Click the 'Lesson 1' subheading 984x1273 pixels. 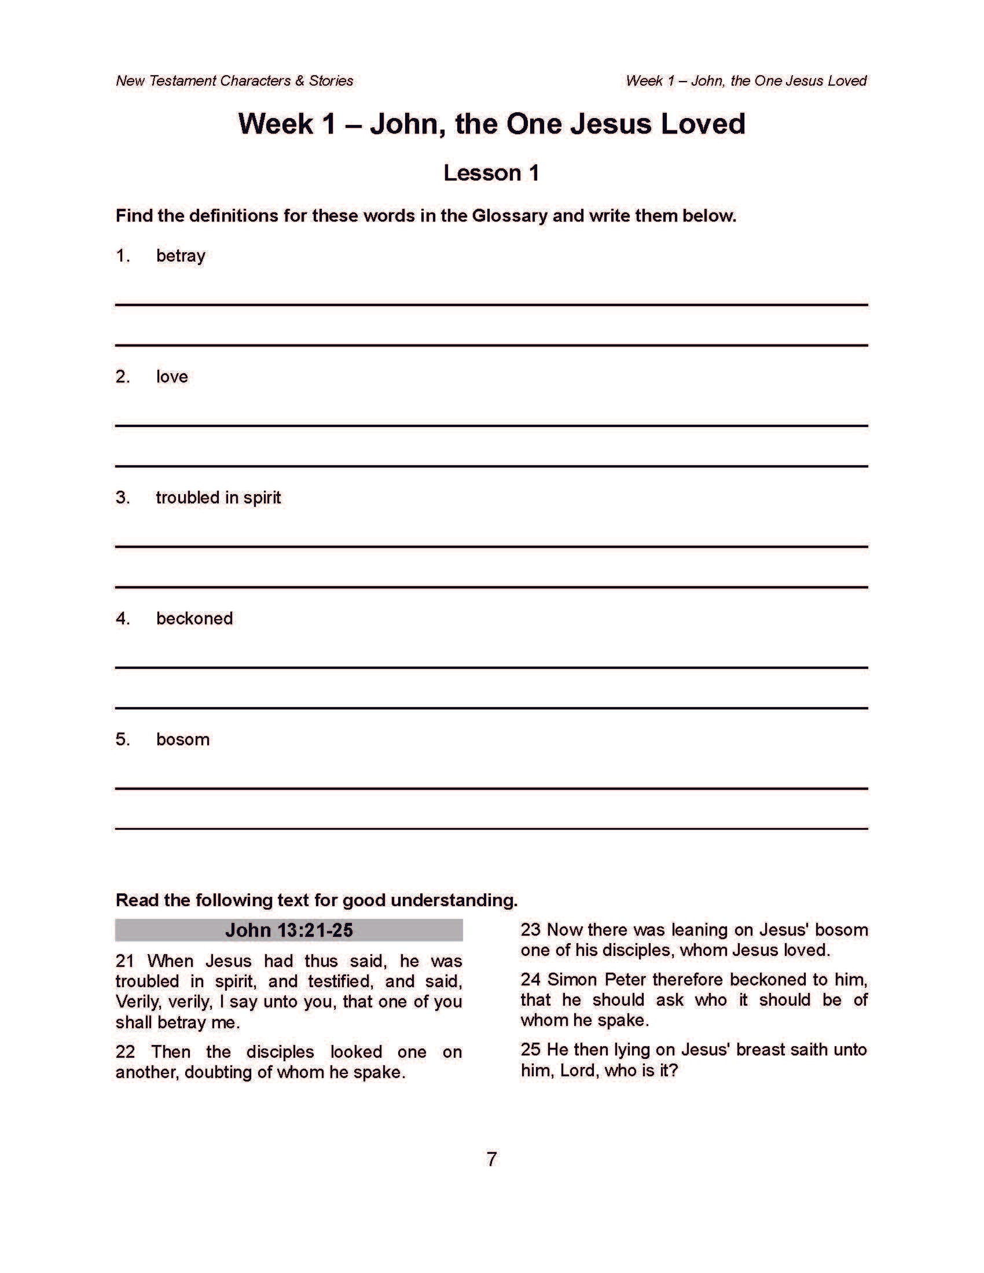click(491, 173)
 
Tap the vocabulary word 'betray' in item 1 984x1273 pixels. click(181, 256)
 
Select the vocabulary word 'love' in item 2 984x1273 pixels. click(172, 377)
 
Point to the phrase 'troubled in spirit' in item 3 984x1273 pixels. click(218, 497)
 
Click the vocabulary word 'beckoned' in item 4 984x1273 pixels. click(194, 619)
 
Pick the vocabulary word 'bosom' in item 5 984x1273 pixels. click(182, 739)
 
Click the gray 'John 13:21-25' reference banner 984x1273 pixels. click(289, 930)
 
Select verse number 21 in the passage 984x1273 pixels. click(126, 961)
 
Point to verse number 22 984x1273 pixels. click(126, 1052)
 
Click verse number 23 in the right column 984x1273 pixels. click(530, 930)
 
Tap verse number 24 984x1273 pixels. click(530, 979)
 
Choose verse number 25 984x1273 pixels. click(530, 1050)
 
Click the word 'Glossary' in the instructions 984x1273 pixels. click(509, 216)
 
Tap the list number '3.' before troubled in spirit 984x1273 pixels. click(122, 497)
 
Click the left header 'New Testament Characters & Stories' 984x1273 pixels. click(234, 81)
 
